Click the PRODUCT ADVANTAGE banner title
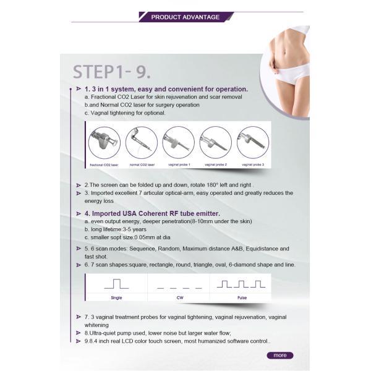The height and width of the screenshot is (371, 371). pyautogui.click(x=185, y=17)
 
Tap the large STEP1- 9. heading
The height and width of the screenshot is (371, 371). pyautogui.click(x=111, y=71)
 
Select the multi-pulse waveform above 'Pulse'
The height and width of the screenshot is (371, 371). pyautogui.click(x=242, y=285)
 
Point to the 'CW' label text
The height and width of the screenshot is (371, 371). pyautogui.click(x=179, y=297)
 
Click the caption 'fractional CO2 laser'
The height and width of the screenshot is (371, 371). pyautogui.click(x=104, y=165)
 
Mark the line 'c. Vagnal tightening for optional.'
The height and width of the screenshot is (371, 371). pyautogui.click(x=125, y=113)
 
